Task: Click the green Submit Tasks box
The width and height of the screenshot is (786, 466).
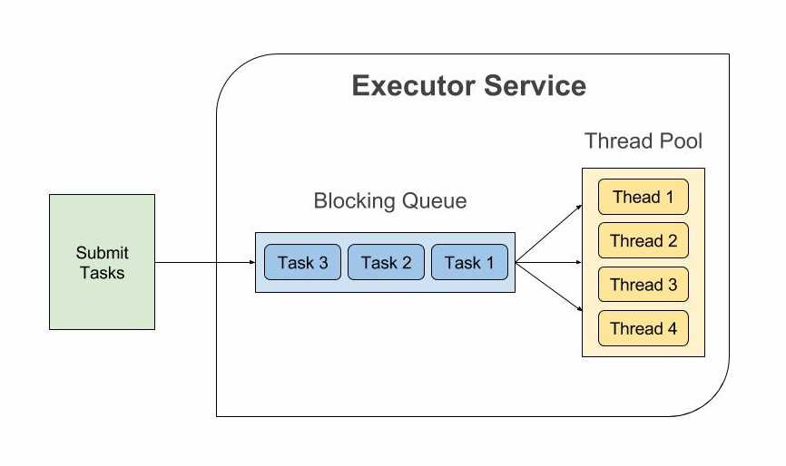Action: (x=102, y=261)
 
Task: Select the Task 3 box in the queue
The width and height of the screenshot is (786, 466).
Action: (x=303, y=263)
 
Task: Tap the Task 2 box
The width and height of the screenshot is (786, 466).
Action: (x=386, y=263)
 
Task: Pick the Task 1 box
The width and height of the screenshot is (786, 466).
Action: (x=469, y=263)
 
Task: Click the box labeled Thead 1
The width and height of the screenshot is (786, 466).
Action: (x=644, y=198)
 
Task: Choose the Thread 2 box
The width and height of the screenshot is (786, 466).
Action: (x=644, y=241)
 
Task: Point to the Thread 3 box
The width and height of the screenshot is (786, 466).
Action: (x=644, y=285)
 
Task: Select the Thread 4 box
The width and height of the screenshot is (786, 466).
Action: (x=644, y=328)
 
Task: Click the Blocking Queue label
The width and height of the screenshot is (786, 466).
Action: (x=390, y=200)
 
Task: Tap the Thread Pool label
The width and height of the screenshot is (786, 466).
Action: (x=644, y=141)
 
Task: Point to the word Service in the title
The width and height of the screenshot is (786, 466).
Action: (x=535, y=86)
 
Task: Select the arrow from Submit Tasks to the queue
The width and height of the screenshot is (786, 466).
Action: (x=204, y=263)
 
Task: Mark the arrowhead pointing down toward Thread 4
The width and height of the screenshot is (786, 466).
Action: (x=577, y=313)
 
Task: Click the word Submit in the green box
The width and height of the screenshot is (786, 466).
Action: (x=102, y=253)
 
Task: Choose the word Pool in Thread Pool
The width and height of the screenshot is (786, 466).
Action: (x=683, y=141)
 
